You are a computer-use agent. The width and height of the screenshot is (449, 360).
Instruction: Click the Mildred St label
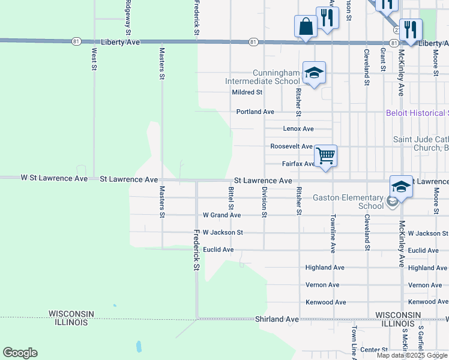point(247,92)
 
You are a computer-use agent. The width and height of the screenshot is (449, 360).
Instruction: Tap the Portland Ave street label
point(255,112)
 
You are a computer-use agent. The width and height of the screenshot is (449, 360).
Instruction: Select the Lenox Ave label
point(298,129)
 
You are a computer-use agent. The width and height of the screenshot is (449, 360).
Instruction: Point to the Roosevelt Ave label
point(291,146)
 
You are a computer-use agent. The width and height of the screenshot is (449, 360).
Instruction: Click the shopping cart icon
point(325,156)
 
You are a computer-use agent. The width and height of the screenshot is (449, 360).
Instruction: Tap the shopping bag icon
point(306,26)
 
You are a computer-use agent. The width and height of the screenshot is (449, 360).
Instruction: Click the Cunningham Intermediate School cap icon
point(313,73)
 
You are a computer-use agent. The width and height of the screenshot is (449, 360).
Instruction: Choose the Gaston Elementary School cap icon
point(401,186)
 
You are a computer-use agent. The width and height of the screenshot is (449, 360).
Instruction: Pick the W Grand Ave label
point(222,215)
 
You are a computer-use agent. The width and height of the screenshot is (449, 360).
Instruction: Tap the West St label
point(94,60)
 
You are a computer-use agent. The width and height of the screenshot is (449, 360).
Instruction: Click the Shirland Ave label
point(277,319)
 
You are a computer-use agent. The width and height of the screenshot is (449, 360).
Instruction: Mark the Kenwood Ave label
point(326,302)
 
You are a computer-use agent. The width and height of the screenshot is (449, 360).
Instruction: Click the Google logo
point(20,353)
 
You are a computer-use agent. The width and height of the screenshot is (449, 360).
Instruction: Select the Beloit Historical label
point(417,113)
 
